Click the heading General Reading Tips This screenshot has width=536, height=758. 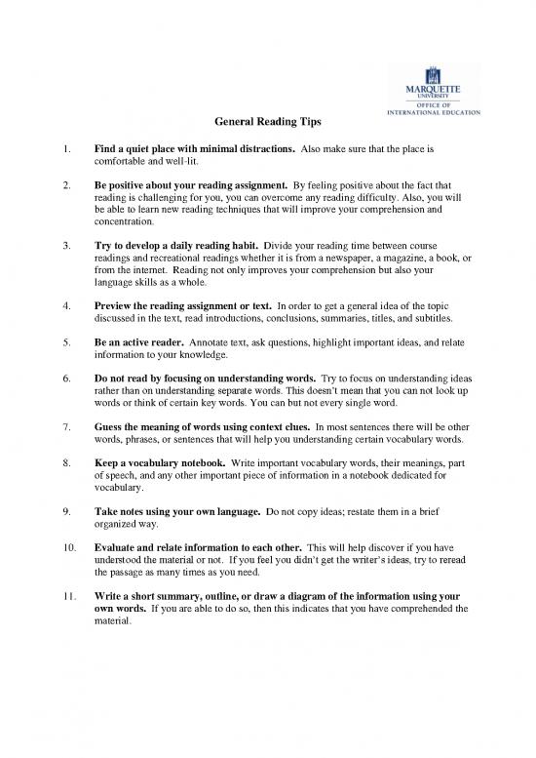[x=267, y=122]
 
